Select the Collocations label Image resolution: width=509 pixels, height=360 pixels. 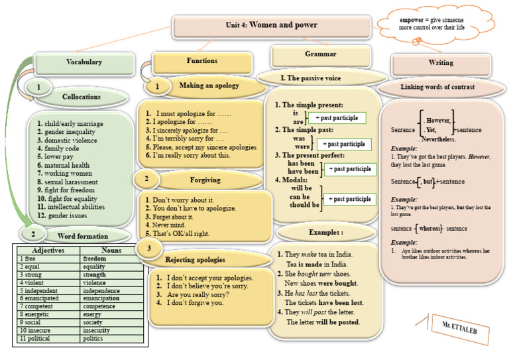81,97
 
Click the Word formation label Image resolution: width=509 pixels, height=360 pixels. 82,236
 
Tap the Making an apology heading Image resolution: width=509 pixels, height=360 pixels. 209,86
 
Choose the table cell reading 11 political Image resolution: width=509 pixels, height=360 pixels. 46,338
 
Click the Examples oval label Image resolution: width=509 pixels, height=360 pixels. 325,233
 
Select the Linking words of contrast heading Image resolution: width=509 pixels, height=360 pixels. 441,87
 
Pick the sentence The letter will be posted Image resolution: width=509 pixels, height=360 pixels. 323,322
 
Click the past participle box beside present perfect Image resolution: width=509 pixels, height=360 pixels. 350,169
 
